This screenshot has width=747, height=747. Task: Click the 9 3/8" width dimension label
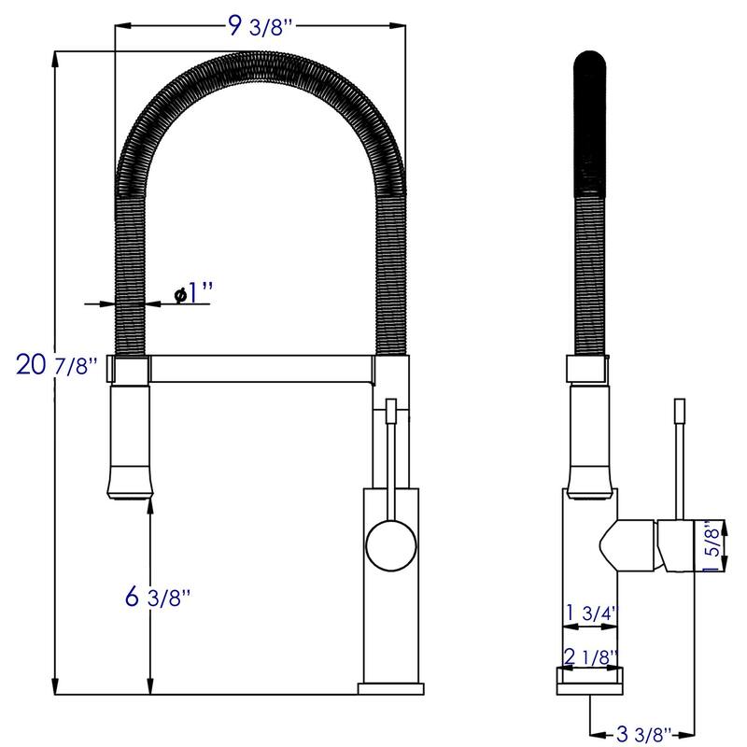click(x=261, y=27)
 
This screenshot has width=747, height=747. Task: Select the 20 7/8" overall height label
click(x=57, y=364)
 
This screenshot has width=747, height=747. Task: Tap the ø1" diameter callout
click(x=193, y=295)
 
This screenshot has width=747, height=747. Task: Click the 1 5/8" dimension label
click(x=712, y=545)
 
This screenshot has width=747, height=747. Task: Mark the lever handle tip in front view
click(x=391, y=409)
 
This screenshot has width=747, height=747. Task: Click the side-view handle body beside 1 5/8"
click(x=674, y=544)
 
